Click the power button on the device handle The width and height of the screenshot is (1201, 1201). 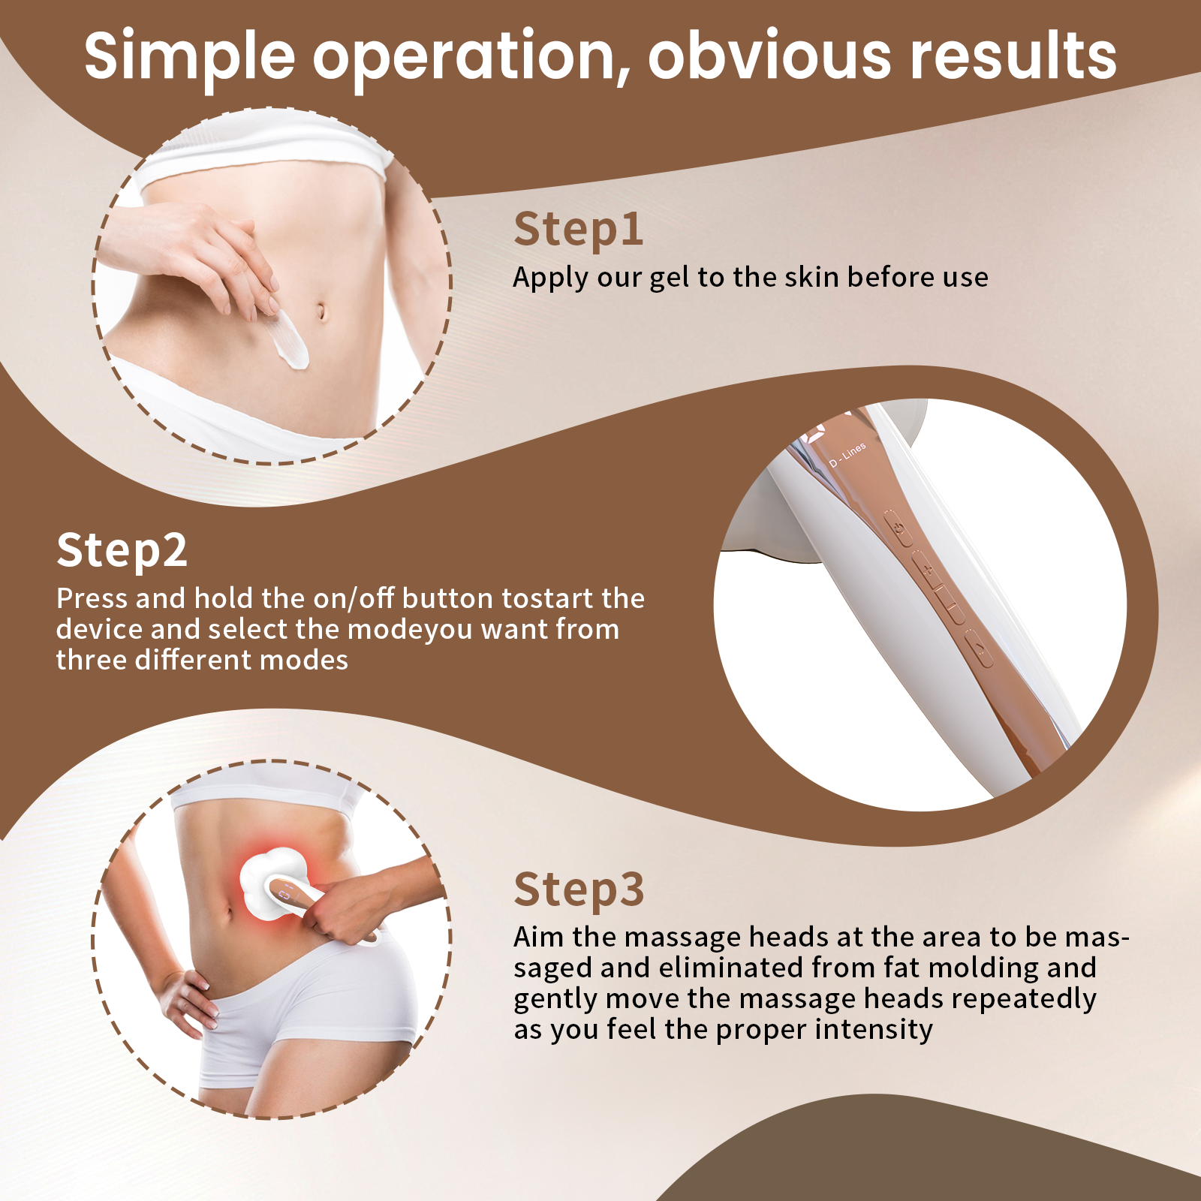899,527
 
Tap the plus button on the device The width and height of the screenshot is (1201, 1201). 929,570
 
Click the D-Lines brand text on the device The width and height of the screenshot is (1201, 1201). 848,454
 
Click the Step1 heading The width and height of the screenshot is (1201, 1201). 578,229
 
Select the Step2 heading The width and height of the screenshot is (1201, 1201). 122,550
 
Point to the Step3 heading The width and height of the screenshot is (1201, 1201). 579,889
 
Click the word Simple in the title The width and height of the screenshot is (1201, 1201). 189,57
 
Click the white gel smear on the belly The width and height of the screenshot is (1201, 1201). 290,342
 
